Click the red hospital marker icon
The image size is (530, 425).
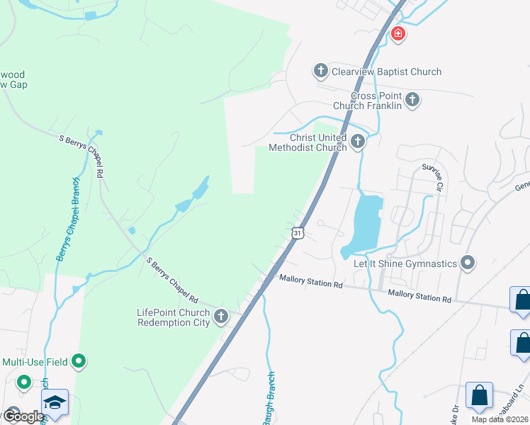[x=397, y=33]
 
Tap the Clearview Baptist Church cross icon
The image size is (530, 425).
[x=320, y=71]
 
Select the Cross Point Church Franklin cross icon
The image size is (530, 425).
[x=412, y=101]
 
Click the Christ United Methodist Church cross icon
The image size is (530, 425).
[x=358, y=142]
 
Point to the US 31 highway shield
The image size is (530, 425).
[x=298, y=233]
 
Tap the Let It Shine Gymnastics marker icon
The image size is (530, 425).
[x=467, y=263]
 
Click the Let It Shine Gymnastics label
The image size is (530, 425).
[x=405, y=264]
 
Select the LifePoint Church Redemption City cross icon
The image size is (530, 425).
[x=221, y=317]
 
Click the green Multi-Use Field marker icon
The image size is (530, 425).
[x=79, y=362]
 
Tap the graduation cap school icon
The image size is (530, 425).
[x=55, y=402]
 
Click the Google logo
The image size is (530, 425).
[x=23, y=416]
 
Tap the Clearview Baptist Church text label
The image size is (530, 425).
[x=386, y=72]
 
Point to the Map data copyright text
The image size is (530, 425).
[x=500, y=419]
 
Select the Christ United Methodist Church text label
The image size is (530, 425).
[x=308, y=142]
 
